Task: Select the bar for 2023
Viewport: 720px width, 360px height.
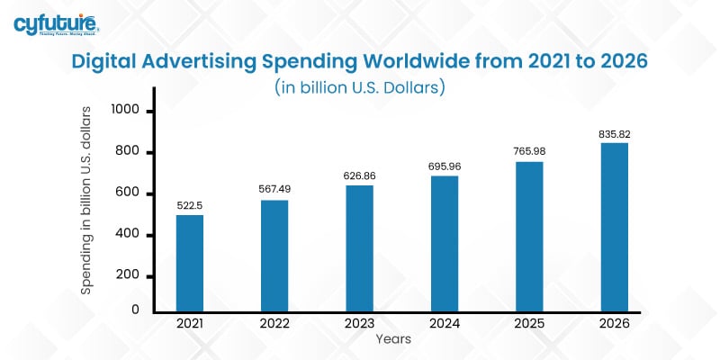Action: (359, 247)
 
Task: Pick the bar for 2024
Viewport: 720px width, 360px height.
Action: (444, 243)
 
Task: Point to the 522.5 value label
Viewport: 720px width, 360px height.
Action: (189, 206)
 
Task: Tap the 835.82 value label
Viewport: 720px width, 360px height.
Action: (614, 134)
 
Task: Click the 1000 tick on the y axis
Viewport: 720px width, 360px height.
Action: (126, 111)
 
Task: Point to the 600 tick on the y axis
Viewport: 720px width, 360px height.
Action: (130, 193)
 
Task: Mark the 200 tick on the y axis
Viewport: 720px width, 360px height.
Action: (130, 276)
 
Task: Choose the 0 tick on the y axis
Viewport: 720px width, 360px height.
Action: (134, 310)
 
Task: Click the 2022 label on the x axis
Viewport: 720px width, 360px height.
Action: (274, 323)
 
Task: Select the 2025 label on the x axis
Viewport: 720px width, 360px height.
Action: (529, 323)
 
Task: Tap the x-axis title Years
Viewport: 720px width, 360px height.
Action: (395, 339)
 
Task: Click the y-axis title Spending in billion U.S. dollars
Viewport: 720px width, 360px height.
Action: (86, 200)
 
